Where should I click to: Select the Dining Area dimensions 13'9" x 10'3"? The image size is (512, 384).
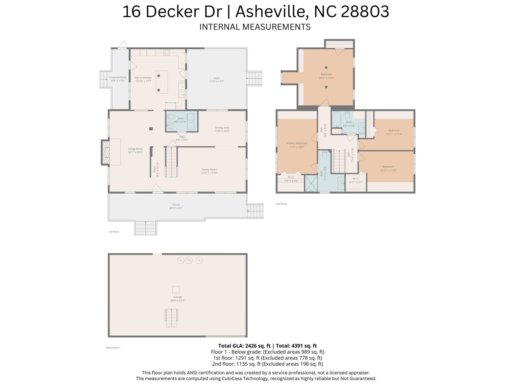tap(222, 131)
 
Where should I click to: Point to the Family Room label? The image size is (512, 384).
tap(209, 170)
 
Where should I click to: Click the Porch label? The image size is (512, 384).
tap(176, 205)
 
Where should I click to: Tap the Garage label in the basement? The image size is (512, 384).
tap(178, 297)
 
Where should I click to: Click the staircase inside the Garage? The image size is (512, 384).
tap(171, 318)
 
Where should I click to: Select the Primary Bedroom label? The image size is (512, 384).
tap(297, 143)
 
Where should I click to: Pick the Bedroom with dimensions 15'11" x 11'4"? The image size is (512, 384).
tap(394, 132)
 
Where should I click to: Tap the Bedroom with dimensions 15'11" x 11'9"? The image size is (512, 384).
tap(388, 168)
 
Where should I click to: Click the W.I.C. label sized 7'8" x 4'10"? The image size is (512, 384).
tap(291, 179)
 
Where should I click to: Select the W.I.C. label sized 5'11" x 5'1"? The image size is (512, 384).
tap(356, 180)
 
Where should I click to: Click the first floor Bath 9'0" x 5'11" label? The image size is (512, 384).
tap(181, 120)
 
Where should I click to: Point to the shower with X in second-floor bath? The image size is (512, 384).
tap(311, 183)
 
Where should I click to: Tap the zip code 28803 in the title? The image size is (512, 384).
tap(365, 12)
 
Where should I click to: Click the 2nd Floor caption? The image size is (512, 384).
tap(281, 204)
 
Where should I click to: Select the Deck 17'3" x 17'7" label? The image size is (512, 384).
tap(217, 80)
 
